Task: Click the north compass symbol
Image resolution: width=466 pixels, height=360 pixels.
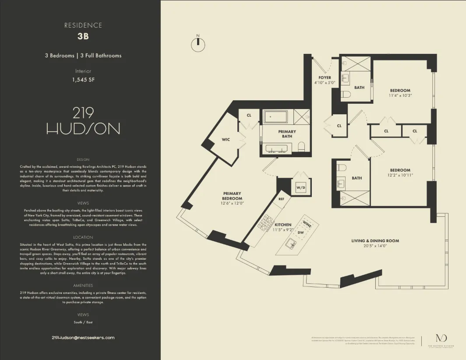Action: coord(198,42)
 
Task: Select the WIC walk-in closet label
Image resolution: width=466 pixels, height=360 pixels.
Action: coord(226,140)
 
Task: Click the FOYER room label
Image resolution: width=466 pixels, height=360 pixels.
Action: coord(325,78)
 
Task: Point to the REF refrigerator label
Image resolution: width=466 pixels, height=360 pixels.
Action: coord(282,199)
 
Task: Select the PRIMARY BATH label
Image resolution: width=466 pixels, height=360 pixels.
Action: coord(287,134)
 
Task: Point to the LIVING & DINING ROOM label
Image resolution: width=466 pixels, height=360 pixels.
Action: coord(375,241)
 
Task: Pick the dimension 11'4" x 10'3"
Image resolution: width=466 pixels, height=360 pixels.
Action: coord(400,95)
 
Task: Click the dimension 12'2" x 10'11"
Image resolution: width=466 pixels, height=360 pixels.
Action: coord(400,175)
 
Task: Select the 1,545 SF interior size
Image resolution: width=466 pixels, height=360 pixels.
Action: coord(83,80)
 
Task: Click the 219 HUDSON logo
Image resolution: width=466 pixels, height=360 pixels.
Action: coord(83,121)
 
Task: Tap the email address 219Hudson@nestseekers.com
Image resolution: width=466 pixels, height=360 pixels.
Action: coord(83,338)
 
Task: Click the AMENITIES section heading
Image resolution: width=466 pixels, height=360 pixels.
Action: coord(83,286)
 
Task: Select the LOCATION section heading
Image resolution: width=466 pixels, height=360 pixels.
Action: coord(83,237)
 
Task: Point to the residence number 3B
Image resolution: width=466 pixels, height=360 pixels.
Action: coord(83,36)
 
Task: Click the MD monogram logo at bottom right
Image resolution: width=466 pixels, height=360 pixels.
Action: coord(439,338)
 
